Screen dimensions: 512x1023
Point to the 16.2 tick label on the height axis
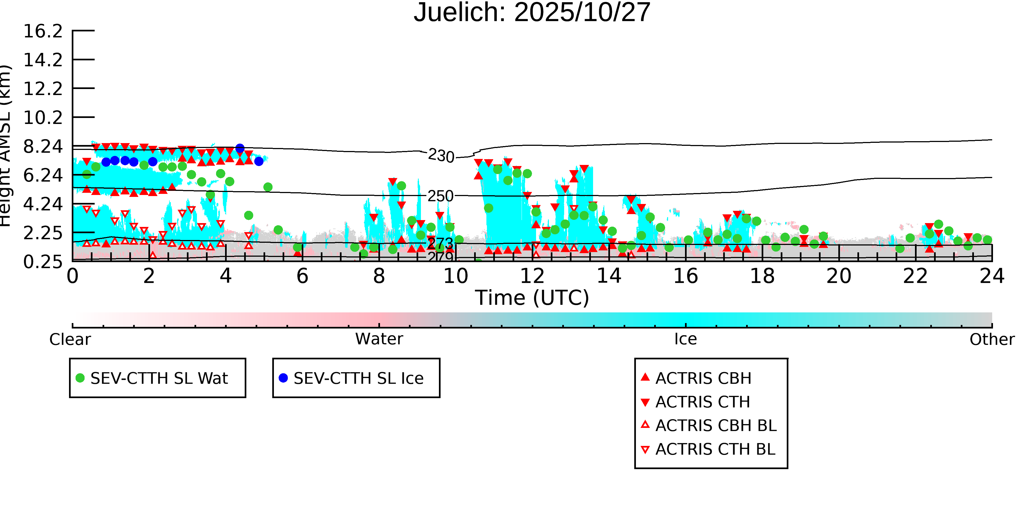point(43,31)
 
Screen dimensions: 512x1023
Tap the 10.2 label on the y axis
point(43,118)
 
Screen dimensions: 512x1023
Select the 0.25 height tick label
point(43,262)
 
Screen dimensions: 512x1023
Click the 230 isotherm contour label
point(441,156)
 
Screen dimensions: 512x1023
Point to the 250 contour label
point(440,196)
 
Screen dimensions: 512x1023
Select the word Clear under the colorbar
point(70,339)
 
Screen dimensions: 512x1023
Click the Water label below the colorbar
point(379,339)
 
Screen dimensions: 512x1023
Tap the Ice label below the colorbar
point(686,339)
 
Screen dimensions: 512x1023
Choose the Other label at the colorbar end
point(992,339)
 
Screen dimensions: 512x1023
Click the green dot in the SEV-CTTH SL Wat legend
point(80,378)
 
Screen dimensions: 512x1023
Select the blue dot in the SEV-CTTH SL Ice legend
point(283,378)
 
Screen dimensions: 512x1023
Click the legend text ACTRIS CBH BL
point(716,426)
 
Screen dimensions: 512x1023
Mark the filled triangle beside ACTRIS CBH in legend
point(645,377)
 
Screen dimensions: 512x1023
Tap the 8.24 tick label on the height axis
point(43,147)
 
